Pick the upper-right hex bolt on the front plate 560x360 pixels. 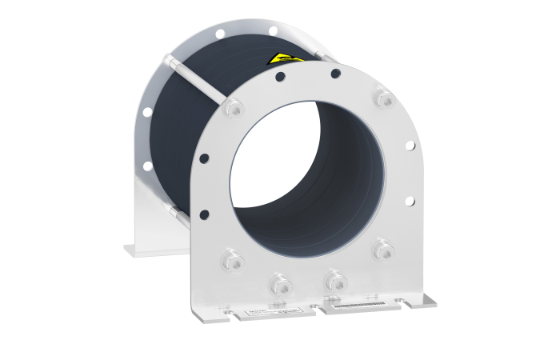(x=383, y=98)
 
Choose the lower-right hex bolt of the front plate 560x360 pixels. (x=384, y=251)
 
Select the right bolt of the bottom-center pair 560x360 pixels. (x=332, y=280)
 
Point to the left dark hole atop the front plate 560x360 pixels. (x=280, y=78)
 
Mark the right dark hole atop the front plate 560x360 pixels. (x=336, y=74)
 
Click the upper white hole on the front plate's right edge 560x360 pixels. (x=410, y=146)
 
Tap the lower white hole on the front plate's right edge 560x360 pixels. (x=410, y=201)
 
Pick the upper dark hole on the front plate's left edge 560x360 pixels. (x=204, y=158)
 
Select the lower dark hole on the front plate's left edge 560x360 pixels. (x=204, y=214)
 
